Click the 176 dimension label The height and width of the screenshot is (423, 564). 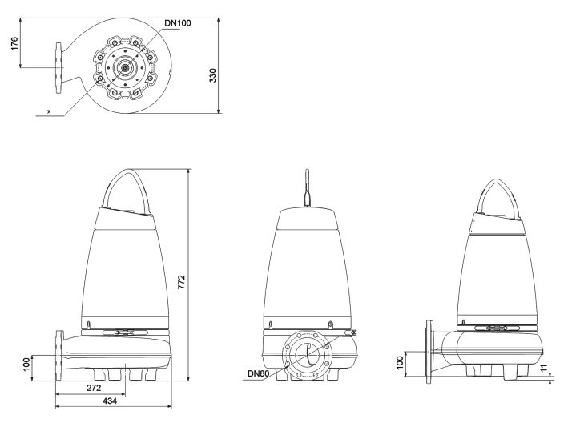click(x=14, y=43)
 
